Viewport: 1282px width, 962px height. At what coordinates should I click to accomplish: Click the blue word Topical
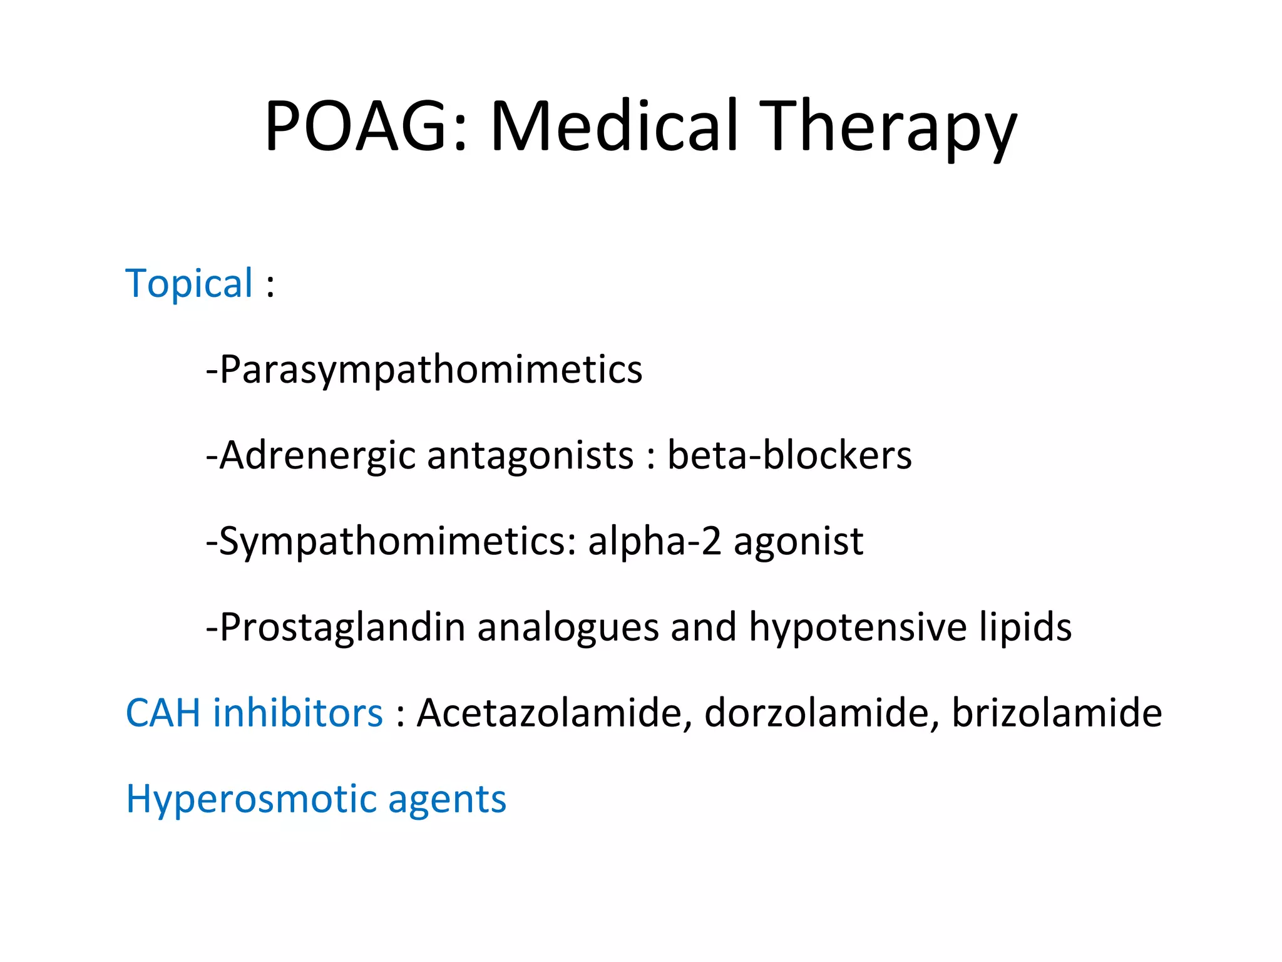click(189, 283)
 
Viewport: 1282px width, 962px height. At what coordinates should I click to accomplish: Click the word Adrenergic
click(317, 455)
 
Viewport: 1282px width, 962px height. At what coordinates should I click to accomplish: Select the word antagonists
click(530, 455)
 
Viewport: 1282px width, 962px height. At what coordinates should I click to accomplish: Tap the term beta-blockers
click(789, 455)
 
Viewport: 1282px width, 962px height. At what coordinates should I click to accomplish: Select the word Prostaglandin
click(342, 628)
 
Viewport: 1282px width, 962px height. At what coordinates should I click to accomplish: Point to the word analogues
click(568, 628)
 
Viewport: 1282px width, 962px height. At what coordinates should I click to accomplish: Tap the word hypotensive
click(858, 628)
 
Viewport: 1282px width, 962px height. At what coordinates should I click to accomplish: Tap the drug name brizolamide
click(1057, 713)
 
